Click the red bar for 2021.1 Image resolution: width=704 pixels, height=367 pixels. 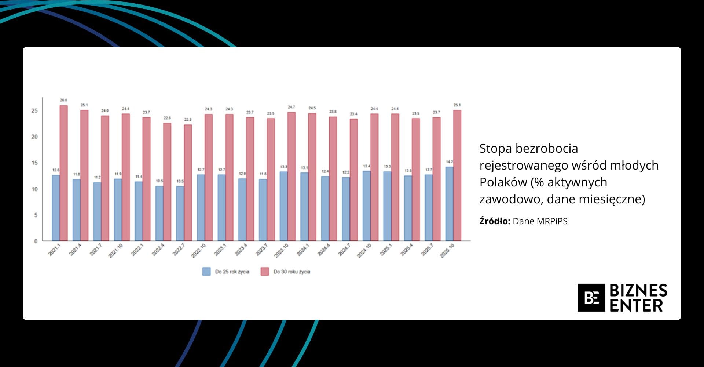(x=64, y=173)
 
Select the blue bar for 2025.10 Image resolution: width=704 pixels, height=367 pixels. (x=449, y=204)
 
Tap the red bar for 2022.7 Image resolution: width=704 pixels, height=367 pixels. (x=188, y=182)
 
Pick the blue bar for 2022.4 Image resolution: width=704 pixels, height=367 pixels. (x=159, y=213)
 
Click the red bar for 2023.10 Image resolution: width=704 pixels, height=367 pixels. (x=291, y=176)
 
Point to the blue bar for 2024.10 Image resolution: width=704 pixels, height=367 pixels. (x=367, y=206)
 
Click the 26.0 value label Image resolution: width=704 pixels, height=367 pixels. (x=64, y=100)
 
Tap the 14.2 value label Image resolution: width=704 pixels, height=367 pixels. (x=449, y=162)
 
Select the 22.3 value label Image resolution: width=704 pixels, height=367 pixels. (x=188, y=120)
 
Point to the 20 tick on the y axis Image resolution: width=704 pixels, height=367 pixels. (x=34, y=137)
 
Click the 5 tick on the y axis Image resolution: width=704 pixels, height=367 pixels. (x=36, y=215)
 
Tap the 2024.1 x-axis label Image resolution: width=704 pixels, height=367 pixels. (x=303, y=250)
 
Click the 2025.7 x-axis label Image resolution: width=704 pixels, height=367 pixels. (x=427, y=250)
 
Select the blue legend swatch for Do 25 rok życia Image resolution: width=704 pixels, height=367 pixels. (x=206, y=272)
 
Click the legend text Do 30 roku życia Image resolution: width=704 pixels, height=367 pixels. (x=292, y=272)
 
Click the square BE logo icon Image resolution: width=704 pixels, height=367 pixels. (x=591, y=298)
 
